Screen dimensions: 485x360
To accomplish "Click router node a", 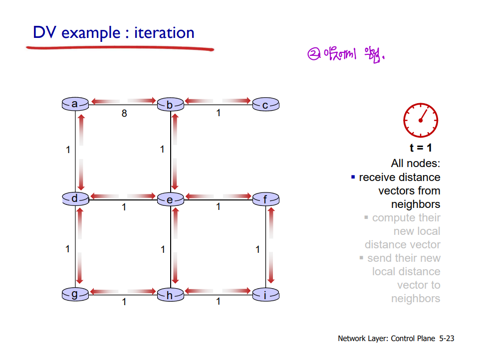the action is point(75,104).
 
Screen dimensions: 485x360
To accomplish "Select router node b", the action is point(170,105).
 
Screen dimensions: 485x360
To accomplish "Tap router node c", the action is point(265,105).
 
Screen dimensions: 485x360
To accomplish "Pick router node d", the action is point(75,199).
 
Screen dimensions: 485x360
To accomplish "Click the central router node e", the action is point(170,200).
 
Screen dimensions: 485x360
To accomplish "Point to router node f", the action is point(265,200).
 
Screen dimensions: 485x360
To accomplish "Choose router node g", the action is point(75,295).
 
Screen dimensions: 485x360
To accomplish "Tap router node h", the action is point(170,295).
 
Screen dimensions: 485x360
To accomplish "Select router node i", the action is point(265,295).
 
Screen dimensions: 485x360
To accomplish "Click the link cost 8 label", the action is point(124,114).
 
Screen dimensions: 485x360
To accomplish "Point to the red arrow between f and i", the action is point(271,245).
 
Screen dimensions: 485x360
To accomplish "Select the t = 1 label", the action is point(421,148).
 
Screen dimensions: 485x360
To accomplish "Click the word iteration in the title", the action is point(164,33).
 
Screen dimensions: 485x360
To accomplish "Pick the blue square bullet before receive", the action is point(353,177).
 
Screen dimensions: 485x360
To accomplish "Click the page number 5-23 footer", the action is point(447,339).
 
